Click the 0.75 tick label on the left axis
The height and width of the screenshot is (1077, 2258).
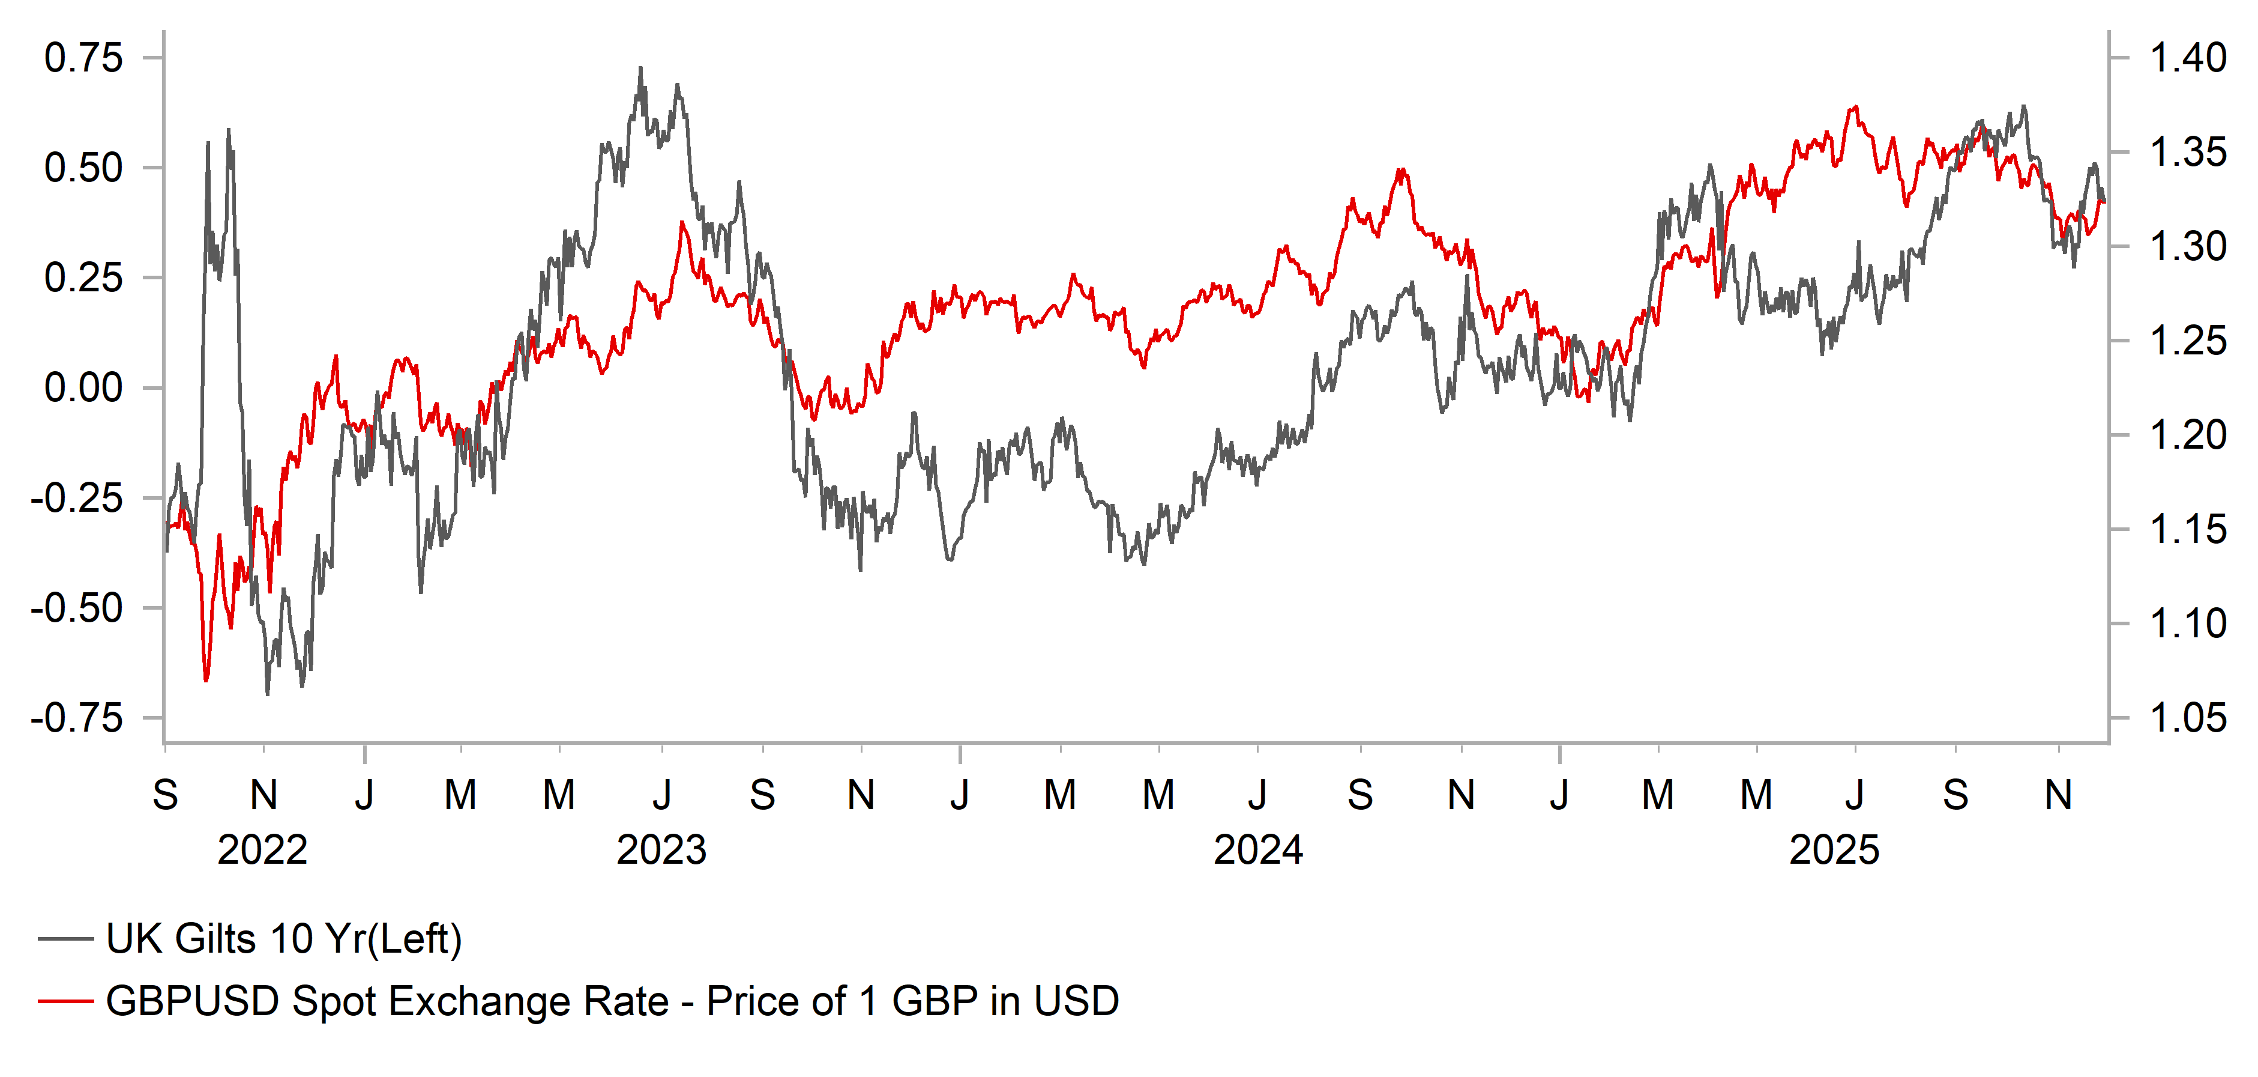point(83,59)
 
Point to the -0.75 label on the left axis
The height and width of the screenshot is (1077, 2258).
point(77,719)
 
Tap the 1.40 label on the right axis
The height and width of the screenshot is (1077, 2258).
point(2188,58)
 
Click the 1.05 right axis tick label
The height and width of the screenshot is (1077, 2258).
point(2188,718)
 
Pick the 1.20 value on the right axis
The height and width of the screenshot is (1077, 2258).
point(2188,435)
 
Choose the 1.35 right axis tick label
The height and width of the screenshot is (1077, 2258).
point(2188,153)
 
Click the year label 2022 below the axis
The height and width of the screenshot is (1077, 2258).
point(262,850)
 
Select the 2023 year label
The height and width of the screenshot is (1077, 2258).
point(661,850)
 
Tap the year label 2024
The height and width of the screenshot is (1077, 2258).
point(1258,850)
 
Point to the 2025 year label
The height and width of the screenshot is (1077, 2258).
point(1834,850)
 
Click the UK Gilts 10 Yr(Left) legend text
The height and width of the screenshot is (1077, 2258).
point(283,939)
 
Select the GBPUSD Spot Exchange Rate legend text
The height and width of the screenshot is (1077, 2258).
point(612,1001)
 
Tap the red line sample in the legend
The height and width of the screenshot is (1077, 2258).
point(66,1001)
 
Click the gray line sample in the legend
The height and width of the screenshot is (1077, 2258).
point(66,939)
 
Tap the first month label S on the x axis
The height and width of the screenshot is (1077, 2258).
point(166,795)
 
